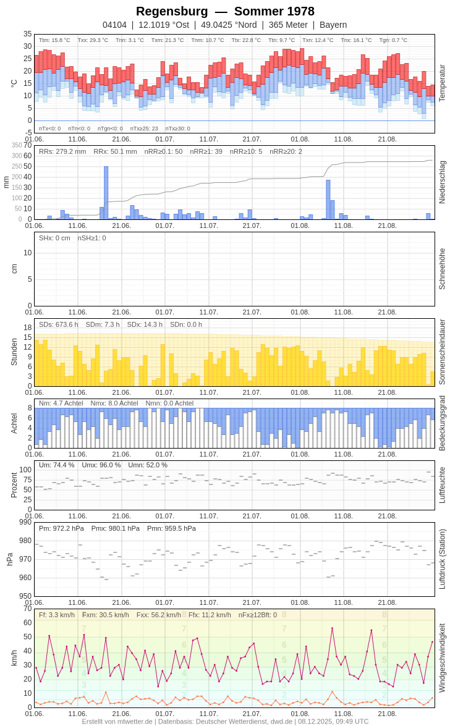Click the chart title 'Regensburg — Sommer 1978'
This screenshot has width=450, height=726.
[225, 11]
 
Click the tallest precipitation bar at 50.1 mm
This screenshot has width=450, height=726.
[106, 193]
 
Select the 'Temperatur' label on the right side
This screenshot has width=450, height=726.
[442, 83]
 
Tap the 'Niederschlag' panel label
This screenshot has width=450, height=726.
[442, 182]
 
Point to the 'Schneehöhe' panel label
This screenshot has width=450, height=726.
[442, 269]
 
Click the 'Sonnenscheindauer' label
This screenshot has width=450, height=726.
[442, 352]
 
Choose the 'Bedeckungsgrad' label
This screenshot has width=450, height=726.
[442, 423]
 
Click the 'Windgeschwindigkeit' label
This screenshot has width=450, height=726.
[442, 657]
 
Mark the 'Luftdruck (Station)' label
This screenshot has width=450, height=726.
[442, 559]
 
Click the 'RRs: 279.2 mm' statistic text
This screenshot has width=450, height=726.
[62, 151]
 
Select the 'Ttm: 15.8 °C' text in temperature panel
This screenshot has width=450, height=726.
[54, 40]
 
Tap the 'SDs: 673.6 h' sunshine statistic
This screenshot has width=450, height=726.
[59, 324]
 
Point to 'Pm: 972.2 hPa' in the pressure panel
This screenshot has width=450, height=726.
[61, 528]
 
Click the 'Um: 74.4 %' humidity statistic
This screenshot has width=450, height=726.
[56, 465]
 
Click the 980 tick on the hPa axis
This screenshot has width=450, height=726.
[25, 541]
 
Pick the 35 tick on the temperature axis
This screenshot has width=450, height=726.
[27, 34]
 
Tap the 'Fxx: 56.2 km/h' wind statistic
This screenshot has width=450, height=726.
[159, 615]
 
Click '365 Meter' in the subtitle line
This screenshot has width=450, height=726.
[288, 25]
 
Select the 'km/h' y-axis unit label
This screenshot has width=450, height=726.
[14, 658]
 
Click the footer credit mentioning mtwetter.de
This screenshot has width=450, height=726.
[225, 721]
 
